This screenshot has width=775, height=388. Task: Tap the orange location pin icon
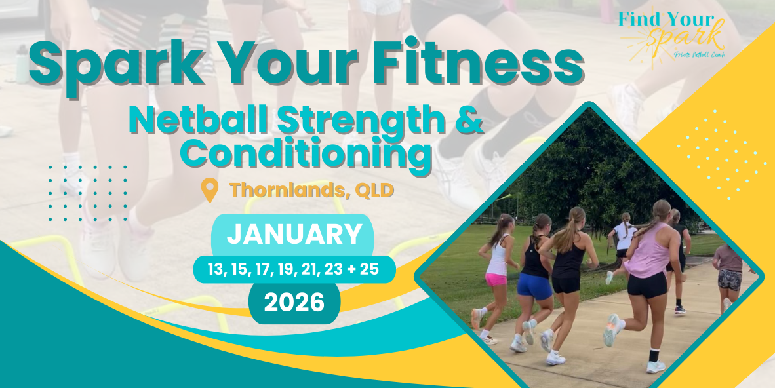coord(210,190)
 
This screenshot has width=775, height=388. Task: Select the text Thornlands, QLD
coord(311,190)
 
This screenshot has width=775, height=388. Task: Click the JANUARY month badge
coord(293,236)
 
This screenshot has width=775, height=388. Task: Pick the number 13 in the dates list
coord(215,269)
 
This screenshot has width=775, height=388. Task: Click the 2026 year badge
coord(294,303)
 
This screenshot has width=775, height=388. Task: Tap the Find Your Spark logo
coord(672,35)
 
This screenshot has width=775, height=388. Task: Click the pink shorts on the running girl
coord(496,280)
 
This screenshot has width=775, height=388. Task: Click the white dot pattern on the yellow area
coord(722,155)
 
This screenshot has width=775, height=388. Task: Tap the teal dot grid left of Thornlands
coord(87,193)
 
